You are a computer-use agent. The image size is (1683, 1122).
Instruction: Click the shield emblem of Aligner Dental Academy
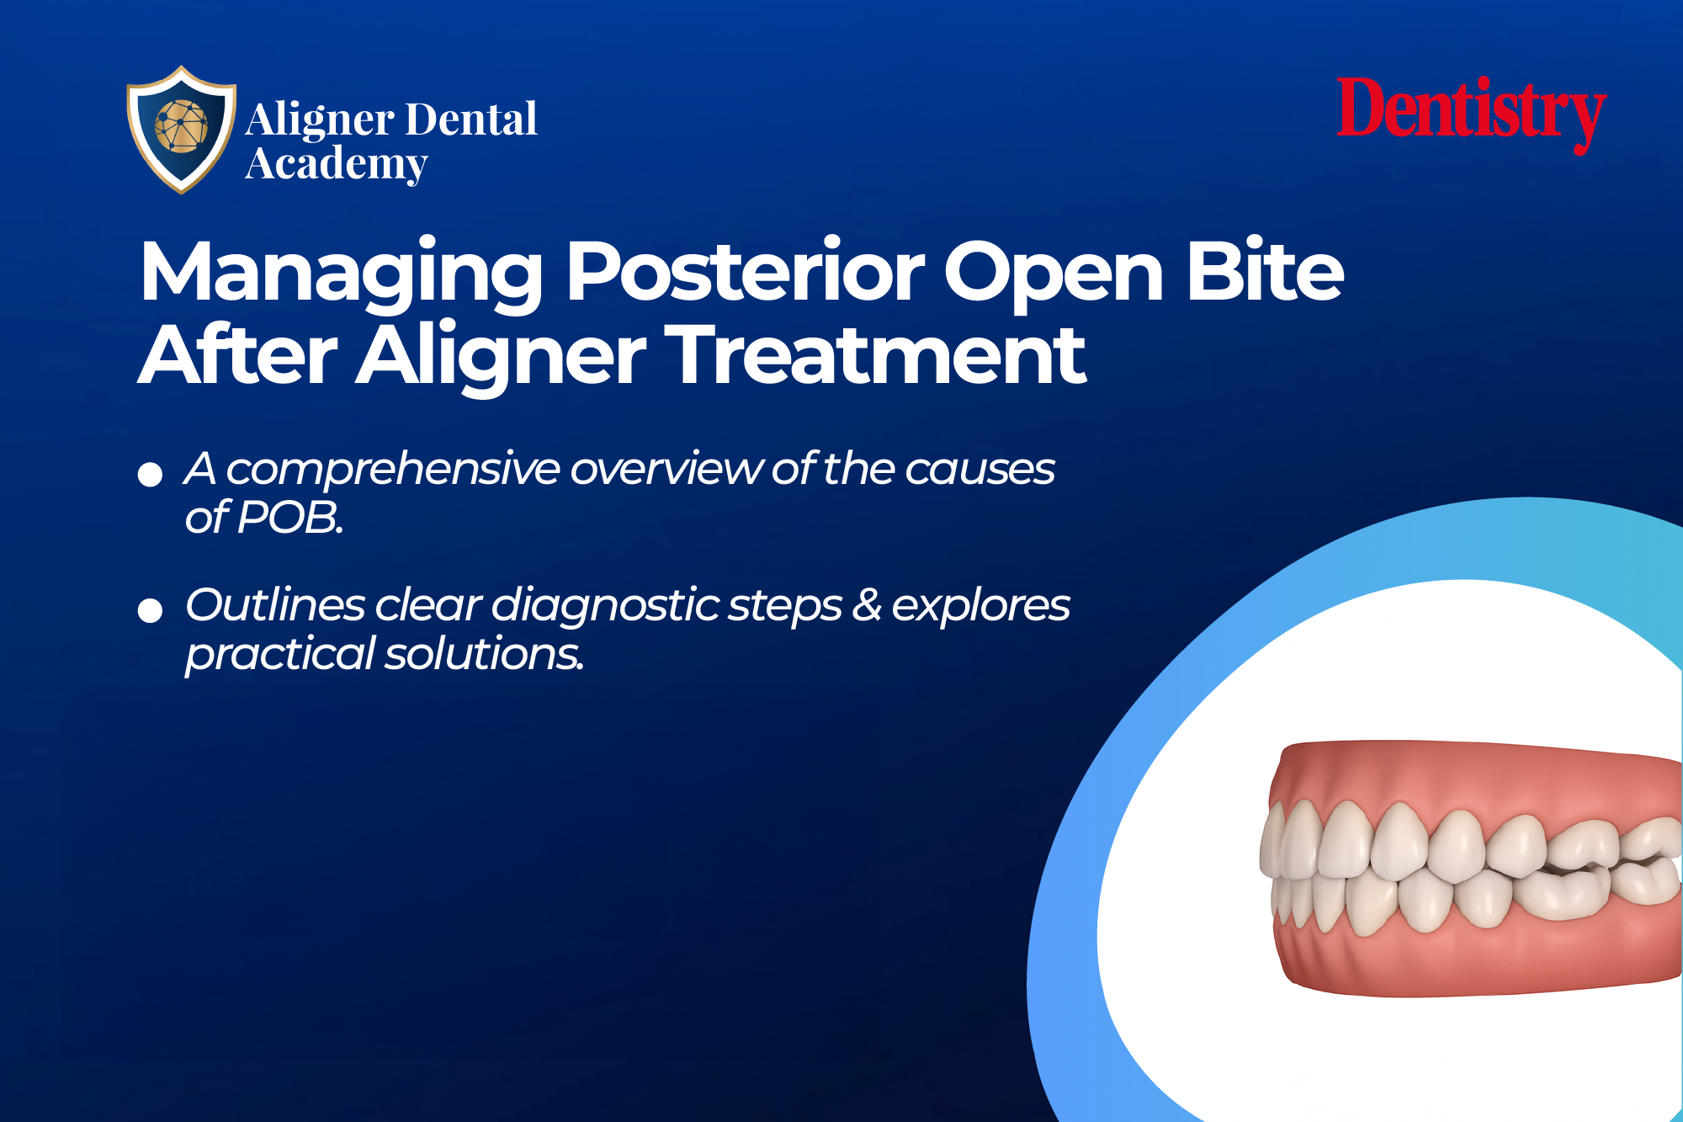[181, 129]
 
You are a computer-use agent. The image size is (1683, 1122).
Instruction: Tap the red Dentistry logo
[1472, 114]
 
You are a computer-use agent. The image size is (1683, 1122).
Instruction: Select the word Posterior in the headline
[745, 271]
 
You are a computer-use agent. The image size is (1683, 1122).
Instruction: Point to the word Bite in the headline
[1265, 271]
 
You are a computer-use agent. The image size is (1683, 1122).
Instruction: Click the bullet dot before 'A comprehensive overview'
[150, 474]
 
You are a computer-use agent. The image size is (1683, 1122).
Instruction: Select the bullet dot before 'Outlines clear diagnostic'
[150, 610]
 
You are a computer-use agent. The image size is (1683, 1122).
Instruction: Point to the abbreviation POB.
[290, 518]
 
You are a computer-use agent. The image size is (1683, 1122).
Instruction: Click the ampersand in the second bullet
[867, 604]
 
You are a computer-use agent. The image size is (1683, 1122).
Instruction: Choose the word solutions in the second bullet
[484, 654]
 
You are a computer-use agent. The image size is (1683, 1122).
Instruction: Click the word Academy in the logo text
[337, 164]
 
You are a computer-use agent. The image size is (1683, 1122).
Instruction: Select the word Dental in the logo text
[475, 120]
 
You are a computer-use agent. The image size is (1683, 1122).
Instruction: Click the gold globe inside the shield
[180, 126]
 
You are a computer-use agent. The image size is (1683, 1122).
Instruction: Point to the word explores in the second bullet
[980, 606]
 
